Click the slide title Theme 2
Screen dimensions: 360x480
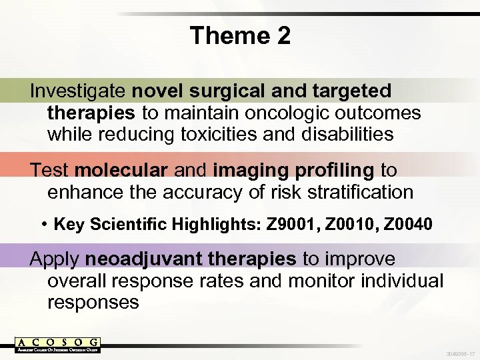point(240,35)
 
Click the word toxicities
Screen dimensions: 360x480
point(218,135)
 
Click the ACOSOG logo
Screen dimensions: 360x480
point(57,344)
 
